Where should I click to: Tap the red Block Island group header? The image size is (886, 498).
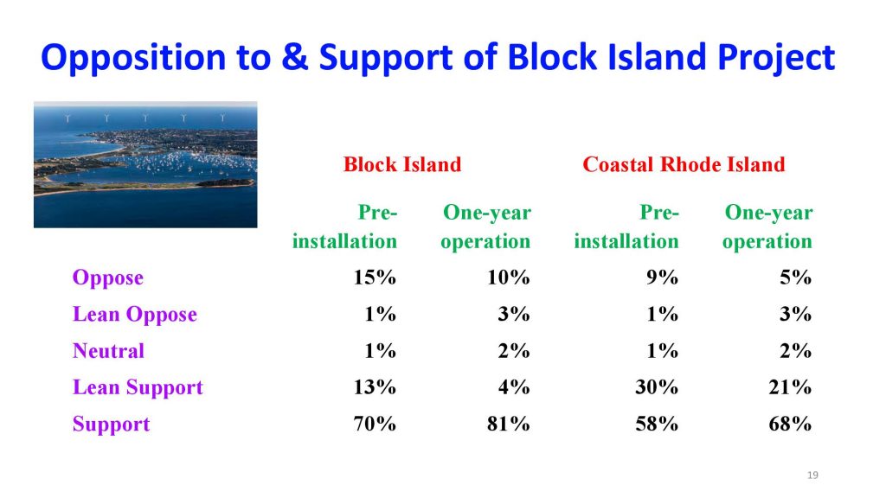click(401, 164)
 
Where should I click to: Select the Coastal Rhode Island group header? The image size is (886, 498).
click(684, 164)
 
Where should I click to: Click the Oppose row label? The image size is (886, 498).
click(108, 278)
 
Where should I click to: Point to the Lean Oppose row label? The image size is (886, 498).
click(134, 315)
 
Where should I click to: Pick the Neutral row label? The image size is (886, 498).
click(108, 351)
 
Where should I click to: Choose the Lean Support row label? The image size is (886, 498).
click(138, 387)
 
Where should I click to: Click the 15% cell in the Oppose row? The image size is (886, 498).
click(375, 278)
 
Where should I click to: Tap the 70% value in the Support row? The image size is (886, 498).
click(375, 425)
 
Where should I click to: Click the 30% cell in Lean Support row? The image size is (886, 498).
click(657, 387)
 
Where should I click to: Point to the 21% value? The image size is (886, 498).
click(790, 387)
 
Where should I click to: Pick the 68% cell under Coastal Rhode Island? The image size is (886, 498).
click(790, 425)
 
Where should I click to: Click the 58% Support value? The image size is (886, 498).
click(657, 425)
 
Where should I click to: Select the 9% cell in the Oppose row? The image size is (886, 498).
click(663, 278)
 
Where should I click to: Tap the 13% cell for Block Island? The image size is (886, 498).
click(375, 387)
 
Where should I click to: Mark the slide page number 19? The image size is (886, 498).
click(812, 476)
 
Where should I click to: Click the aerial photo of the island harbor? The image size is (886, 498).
click(145, 164)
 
